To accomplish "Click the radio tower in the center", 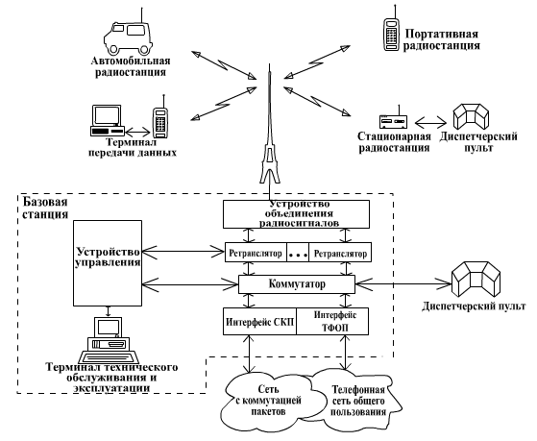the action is click(x=270, y=131).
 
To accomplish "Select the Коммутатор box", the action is click(x=297, y=284).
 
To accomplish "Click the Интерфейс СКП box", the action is click(x=259, y=322).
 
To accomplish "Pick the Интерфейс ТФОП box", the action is click(x=332, y=322).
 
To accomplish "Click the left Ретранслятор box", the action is click(x=256, y=253).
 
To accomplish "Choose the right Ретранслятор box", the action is click(x=340, y=253).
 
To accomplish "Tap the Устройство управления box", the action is click(x=108, y=263).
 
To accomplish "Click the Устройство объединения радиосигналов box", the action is click(x=296, y=214).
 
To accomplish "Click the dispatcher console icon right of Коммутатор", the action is click(x=476, y=280).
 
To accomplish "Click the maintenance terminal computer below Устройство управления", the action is click(x=109, y=340).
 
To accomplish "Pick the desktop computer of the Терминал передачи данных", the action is click(x=107, y=120).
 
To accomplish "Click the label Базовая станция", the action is click(x=45, y=208).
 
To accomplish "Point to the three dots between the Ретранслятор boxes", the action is click(x=298, y=255).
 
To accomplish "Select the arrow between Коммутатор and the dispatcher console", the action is click(x=403, y=283).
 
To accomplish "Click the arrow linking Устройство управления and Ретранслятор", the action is click(x=183, y=252).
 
